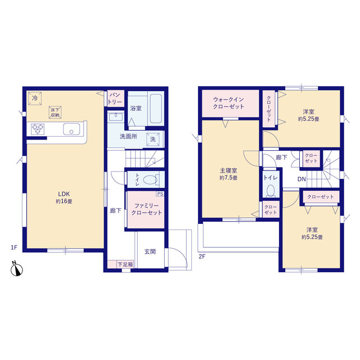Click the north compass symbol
tap(16, 268)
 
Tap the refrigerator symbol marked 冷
tap(35, 98)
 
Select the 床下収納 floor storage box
tap(55, 112)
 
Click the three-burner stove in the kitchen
tap(38, 129)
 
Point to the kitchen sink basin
tap(71, 129)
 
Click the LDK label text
tap(64, 193)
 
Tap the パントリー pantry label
tap(115, 99)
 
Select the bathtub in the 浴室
tap(156, 109)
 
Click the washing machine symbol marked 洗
tap(153, 139)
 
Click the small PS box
tap(160, 193)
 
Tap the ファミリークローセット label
tap(147, 209)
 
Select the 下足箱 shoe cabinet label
tap(125, 264)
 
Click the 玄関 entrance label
tap(150, 251)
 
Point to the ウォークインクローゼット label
tap(228, 103)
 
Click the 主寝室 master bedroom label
tap(228, 170)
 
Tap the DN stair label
tap(301, 179)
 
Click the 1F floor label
tap(14, 247)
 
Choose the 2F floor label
tap(202, 256)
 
